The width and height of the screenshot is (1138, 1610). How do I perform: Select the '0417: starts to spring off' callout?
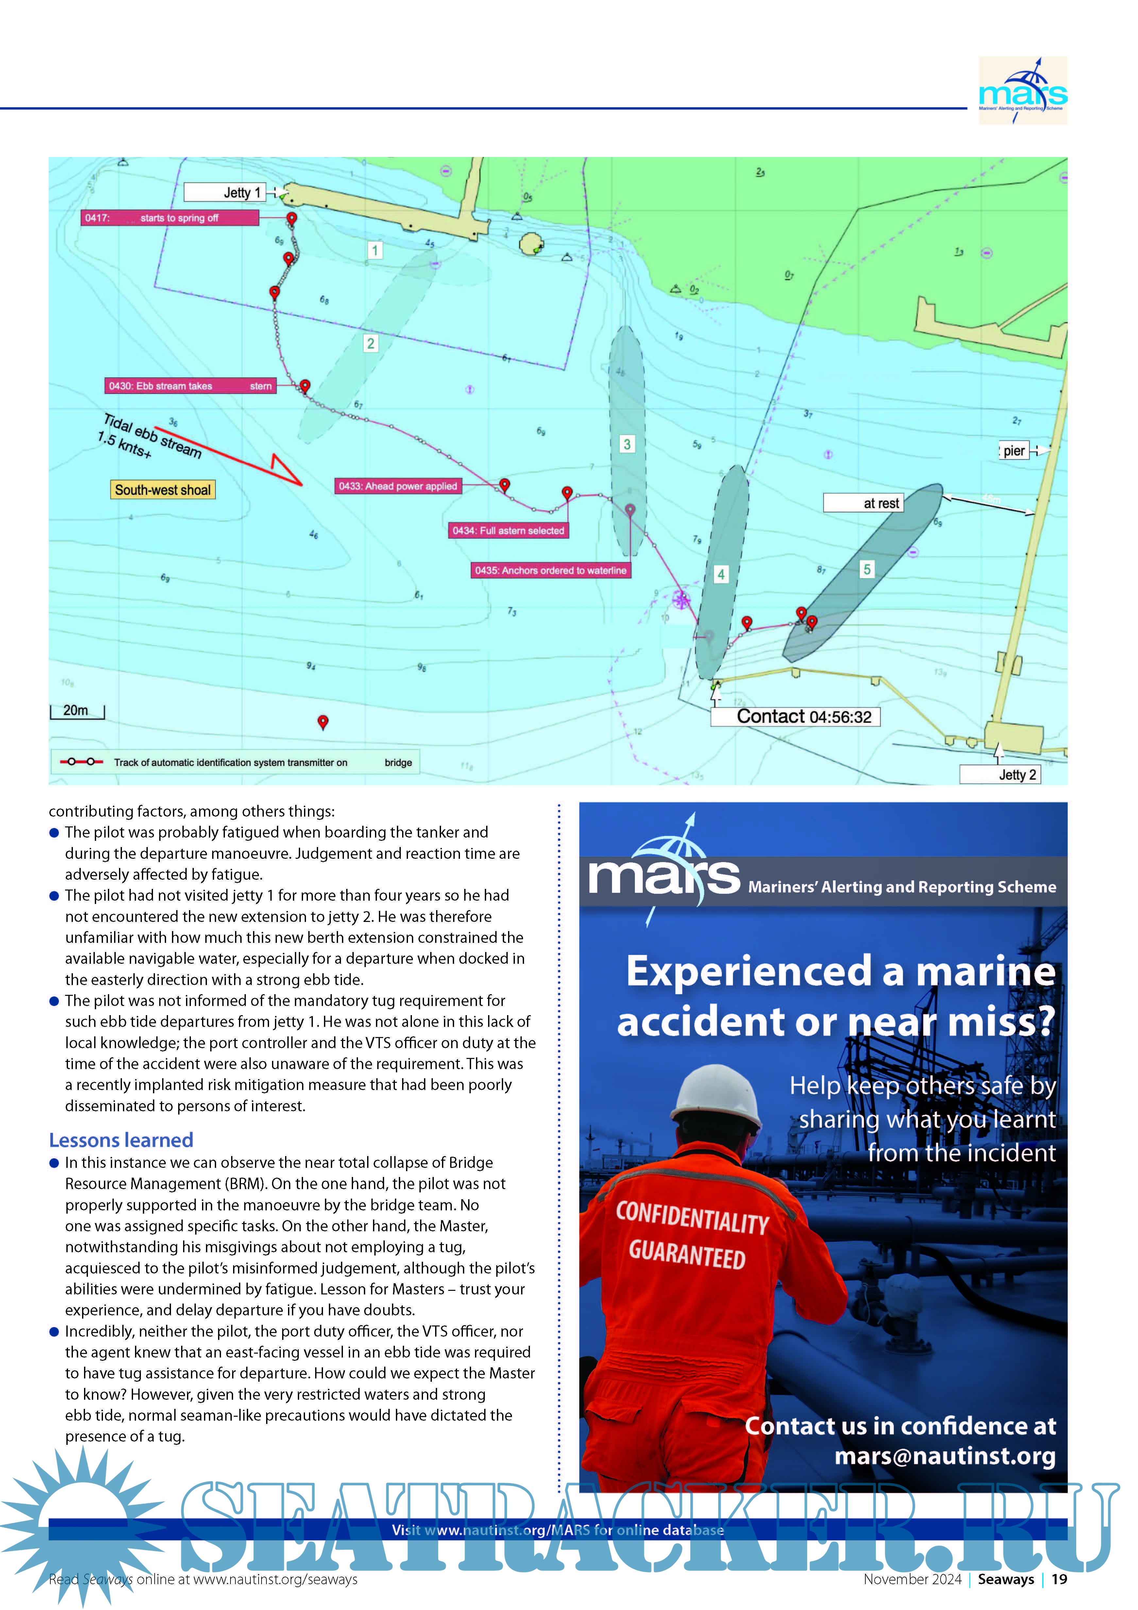coord(170,218)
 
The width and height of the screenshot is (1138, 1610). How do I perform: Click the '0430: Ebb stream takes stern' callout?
coord(190,386)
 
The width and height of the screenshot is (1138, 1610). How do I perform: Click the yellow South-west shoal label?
coord(163,490)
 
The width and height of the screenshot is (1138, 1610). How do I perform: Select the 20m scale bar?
coord(77,712)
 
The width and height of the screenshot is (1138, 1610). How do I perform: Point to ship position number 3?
coord(627,444)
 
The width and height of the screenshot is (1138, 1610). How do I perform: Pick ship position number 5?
coord(867,569)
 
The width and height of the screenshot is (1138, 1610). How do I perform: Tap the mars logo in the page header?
coord(1022,91)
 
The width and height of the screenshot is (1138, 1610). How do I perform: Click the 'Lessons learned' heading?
coord(121,1139)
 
